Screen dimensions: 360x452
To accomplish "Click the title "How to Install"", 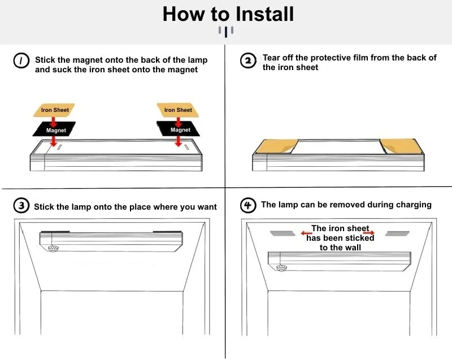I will (228, 14).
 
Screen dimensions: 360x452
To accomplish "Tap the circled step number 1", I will (21, 61).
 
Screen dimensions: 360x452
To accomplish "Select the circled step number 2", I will (248, 60).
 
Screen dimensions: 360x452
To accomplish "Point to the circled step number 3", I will (21, 206).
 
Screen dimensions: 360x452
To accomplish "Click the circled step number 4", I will (248, 205).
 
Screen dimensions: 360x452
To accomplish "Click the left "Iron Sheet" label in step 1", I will (54, 110).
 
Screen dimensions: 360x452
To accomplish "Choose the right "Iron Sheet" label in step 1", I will (177, 110).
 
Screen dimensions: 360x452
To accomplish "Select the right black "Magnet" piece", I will (180, 130).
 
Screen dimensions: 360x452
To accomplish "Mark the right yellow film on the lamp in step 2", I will (400, 146).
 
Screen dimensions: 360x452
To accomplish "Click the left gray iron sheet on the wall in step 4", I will (283, 233).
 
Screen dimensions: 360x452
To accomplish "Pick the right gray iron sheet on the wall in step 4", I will (397, 233).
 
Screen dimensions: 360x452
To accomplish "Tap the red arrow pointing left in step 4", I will (306, 233).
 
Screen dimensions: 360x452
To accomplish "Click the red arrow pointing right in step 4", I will (368, 232).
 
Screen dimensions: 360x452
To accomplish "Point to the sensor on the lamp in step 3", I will (54, 248).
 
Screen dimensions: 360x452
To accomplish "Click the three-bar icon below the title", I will (227, 31).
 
